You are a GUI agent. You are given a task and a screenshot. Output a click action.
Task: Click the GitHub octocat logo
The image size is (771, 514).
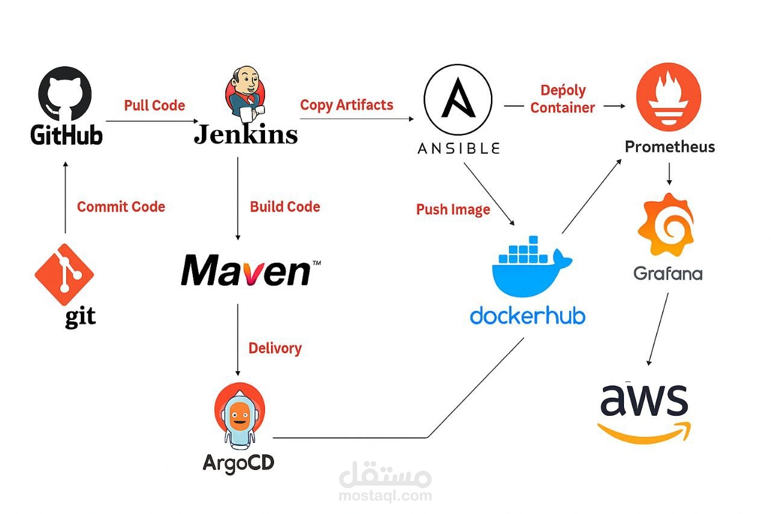65,93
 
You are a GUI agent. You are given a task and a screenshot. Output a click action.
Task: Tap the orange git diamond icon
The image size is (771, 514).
64,274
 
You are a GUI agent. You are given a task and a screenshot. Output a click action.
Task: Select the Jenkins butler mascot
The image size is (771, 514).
245,95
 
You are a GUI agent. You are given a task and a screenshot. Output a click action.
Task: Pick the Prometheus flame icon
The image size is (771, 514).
669,96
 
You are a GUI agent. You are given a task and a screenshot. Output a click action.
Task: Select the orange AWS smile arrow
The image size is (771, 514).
644,433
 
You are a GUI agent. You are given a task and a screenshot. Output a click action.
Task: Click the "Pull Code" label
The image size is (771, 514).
154,105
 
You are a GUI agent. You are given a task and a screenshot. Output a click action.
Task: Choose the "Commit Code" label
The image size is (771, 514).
120,207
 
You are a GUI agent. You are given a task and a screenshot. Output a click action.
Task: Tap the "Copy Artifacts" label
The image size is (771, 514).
346,105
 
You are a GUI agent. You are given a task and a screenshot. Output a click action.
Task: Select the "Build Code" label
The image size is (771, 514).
285,207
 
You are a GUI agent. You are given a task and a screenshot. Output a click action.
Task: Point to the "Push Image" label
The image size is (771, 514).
453,210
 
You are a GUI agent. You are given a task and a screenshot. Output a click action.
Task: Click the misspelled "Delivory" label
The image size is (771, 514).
275,348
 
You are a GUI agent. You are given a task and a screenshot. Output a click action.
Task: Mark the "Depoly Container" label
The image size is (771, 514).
563,99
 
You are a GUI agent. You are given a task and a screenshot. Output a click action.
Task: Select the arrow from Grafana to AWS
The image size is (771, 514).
658,328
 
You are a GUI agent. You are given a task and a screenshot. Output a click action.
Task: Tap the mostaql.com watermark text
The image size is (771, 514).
385,496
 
